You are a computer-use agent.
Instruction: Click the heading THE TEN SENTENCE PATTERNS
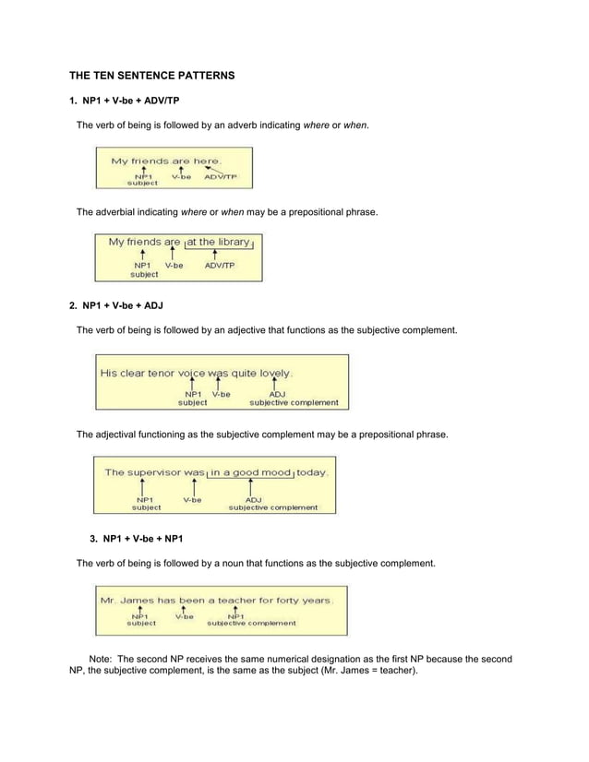tap(152, 74)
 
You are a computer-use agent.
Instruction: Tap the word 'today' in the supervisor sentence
tap(311, 471)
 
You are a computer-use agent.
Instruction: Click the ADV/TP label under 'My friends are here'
tap(221, 175)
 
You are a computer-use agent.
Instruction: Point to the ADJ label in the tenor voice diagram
tap(277, 394)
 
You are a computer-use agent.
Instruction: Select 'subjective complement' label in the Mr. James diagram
tap(251, 623)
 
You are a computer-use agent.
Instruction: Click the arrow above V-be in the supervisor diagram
tap(192, 486)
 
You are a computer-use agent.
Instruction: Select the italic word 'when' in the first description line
tap(355, 125)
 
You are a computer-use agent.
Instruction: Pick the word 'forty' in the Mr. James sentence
tap(294, 600)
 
